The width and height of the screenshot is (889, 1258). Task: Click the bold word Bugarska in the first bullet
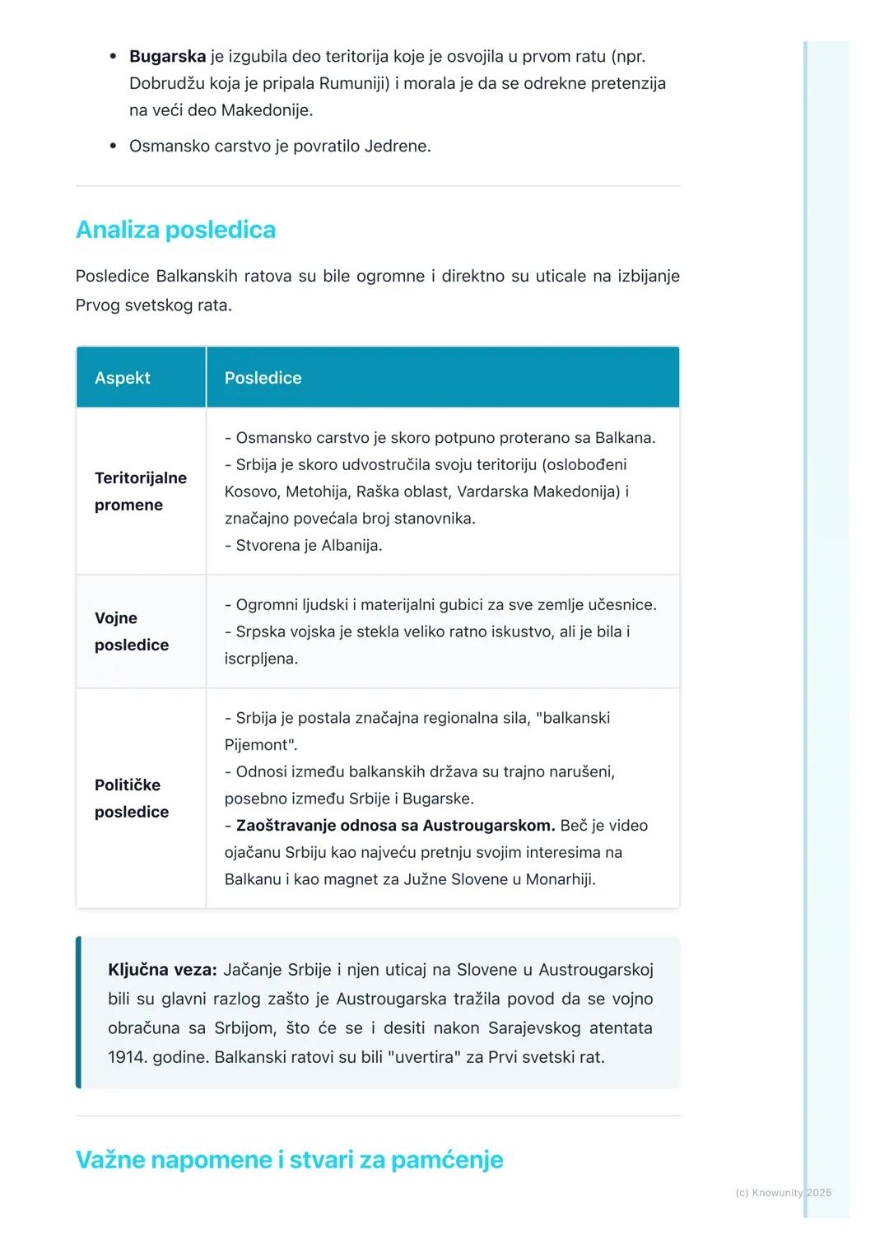tap(167, 57)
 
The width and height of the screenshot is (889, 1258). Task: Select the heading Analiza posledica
tap(175, 230)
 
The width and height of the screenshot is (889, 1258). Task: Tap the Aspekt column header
tap(123, 378)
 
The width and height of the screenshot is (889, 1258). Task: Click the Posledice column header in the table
tap(263, 378)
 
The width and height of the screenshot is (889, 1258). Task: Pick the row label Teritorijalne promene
tap(140, 492)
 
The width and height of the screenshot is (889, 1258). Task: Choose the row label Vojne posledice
tap(131, 631)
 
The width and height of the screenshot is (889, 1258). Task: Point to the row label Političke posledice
tap(131, 799)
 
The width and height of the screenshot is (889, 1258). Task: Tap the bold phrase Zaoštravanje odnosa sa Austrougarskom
tap(395, 826)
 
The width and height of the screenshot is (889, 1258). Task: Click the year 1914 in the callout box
tap(126, 1057)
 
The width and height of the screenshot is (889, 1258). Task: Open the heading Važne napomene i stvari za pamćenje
tap(289, 1160)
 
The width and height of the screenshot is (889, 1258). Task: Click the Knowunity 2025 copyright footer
tap(783, 1192)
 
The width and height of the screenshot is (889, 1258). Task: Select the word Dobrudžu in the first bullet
tap(167, 83)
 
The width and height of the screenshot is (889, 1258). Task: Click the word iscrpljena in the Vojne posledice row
tap(260, 659)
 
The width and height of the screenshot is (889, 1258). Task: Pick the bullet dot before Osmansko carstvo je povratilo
tap(114, 147)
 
